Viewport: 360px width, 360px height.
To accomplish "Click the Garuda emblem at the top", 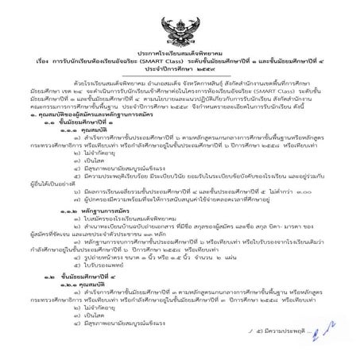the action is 180,18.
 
